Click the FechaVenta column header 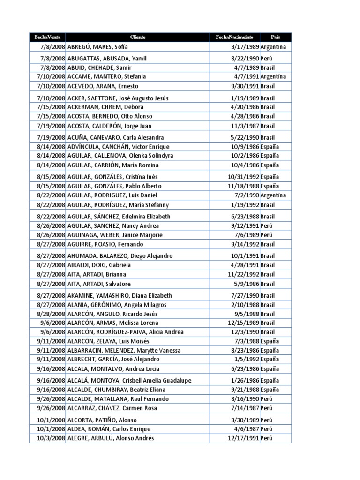click(47, 37)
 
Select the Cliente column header click(137, 37)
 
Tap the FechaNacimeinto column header click(234, 37)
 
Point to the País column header click(276, 37)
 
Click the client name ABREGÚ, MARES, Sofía click(97, 47)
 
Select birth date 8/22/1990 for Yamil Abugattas click(245, 59)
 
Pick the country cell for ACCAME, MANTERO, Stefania click(273, 76)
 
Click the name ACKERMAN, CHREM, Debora click(98, 107)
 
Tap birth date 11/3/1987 click(246, 126)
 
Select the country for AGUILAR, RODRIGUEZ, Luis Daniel click(273, 195)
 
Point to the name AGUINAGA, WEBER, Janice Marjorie click(115, 235)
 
